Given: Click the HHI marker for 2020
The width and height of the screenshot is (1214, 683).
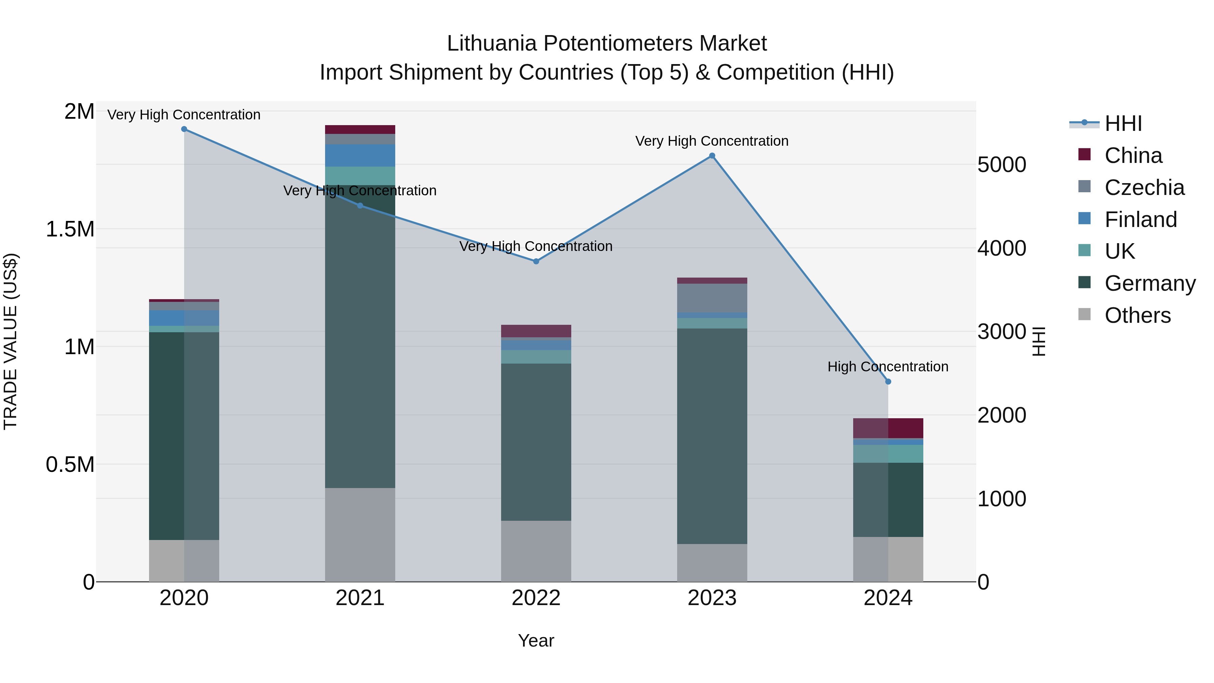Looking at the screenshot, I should [x=184, y=129].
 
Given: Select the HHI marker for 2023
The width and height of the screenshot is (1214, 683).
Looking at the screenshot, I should [x=712, y=156].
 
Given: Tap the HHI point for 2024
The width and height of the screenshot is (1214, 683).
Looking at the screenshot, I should [x=888, y=382].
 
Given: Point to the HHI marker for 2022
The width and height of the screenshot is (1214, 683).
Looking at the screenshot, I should [x=536, y=261].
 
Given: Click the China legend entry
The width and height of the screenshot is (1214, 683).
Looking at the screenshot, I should [x=1133, y=155].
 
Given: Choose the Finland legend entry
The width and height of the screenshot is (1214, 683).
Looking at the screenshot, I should [x=1140, y=220].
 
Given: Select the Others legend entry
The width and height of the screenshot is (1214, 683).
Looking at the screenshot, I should [x=1137, y=315].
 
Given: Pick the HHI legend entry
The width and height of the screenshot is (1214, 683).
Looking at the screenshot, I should [x=1123, y=123].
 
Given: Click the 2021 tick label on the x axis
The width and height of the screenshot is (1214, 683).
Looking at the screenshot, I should [x=360, y=598].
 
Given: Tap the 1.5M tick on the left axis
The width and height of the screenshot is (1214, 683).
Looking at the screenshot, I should [x=70, y=230].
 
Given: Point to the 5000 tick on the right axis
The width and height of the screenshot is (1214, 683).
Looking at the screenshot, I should [x=1002, y=165].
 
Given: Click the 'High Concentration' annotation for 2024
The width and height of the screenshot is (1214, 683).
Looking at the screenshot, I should [x=888, y=367].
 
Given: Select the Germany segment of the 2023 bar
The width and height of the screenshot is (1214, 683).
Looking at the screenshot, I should [x=712, y=436].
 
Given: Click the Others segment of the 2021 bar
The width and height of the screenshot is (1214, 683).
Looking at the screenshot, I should [x=360, y=535].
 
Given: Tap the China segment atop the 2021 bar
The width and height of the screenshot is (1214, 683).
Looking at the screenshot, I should [x=360, y=130].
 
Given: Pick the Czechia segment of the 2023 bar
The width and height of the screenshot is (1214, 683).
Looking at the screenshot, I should [x=712, y=298].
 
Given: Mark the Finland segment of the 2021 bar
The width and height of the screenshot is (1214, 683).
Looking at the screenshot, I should [x=360, y=155].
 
